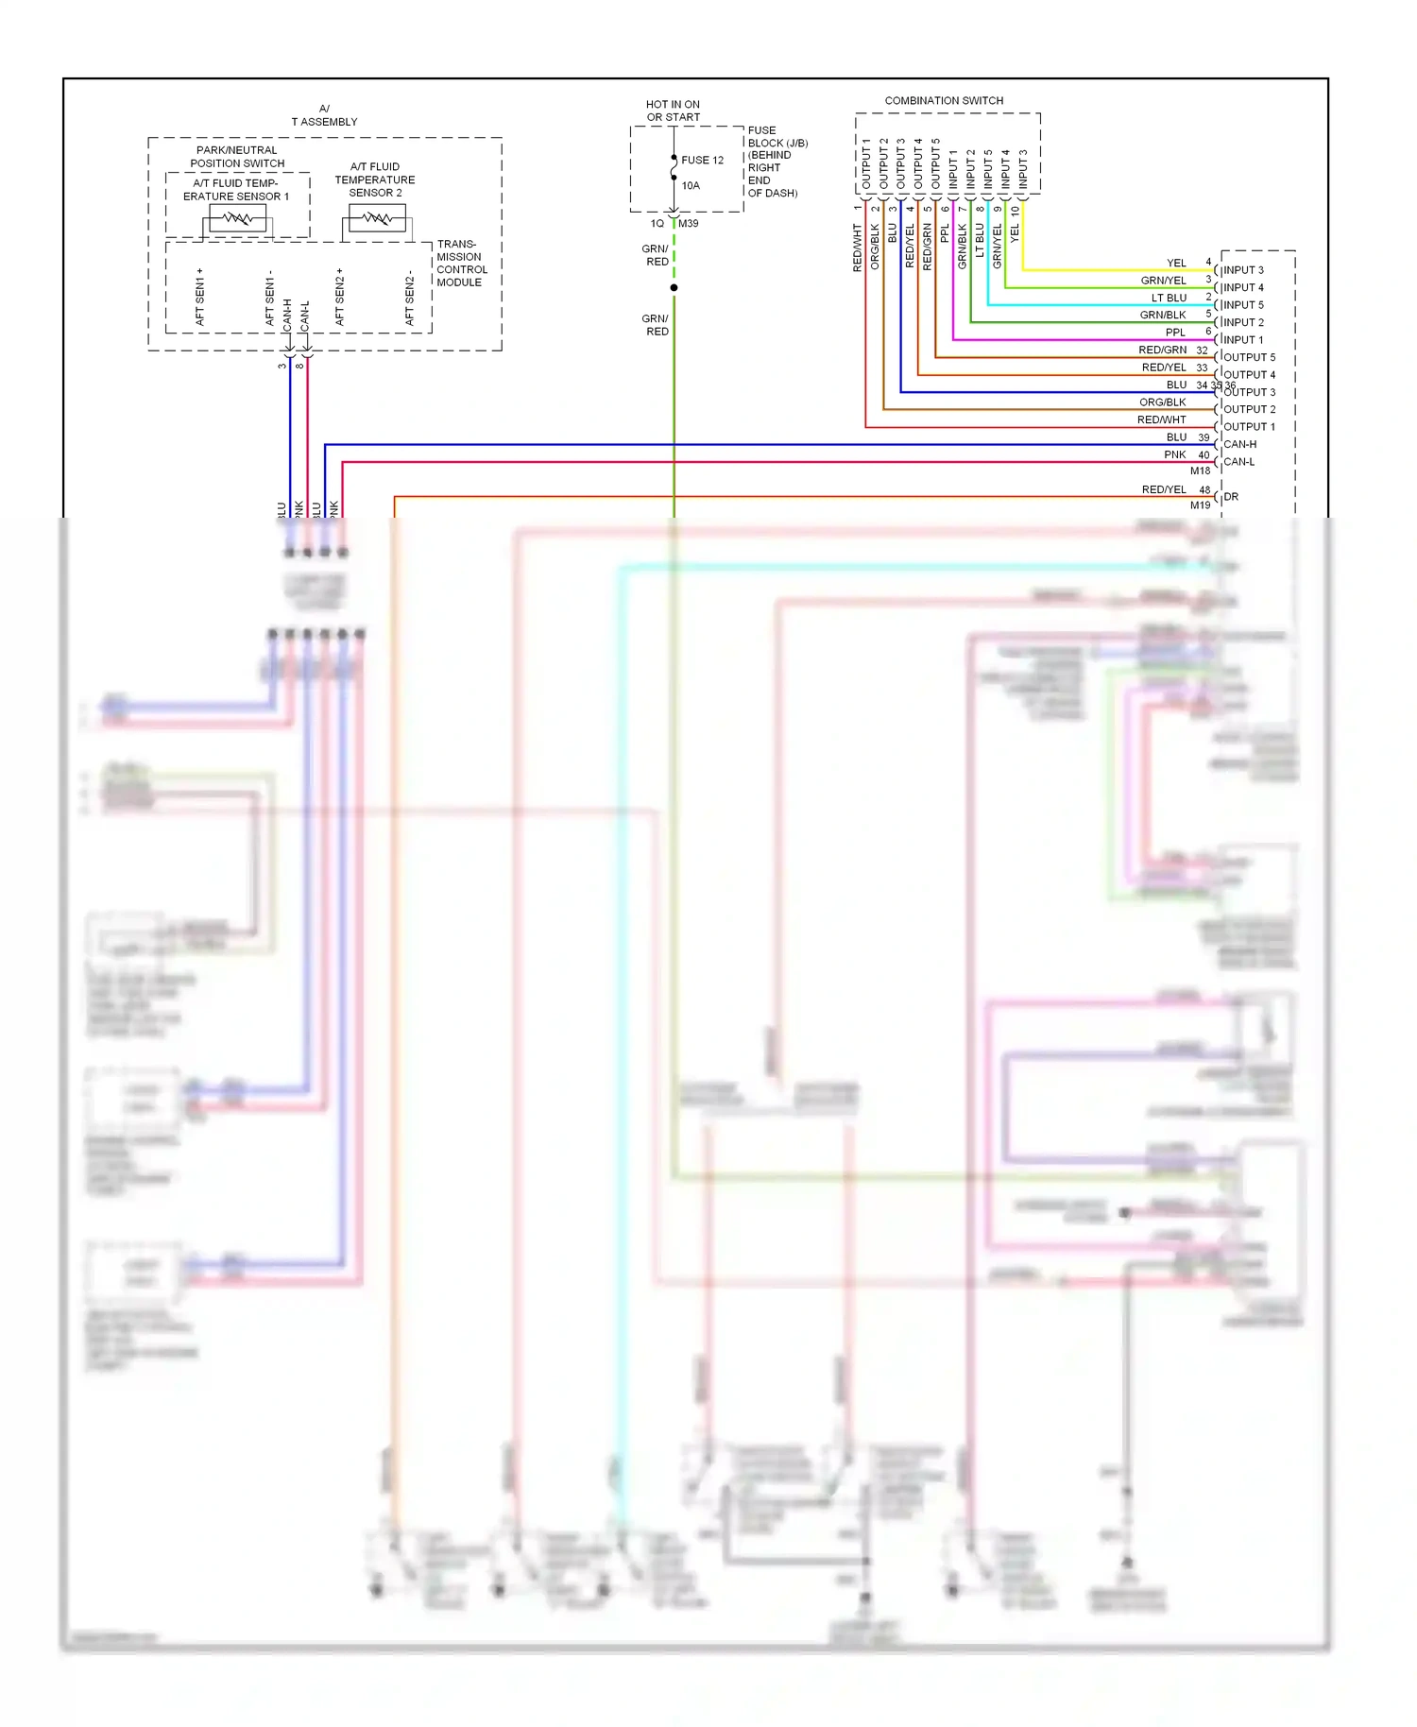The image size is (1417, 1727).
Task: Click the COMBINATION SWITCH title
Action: click(943, 100)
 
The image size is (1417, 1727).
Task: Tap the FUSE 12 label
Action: click(702, 160)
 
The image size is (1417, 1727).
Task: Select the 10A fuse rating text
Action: click(691, 185)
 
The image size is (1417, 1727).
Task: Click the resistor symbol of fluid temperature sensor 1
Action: click(237, 219)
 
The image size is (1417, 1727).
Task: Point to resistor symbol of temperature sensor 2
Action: click(377, 219)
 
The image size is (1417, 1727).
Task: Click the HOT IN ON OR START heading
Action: click(673, 111)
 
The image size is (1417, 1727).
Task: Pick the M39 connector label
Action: click(689, 224)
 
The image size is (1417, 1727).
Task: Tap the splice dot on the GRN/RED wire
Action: click(674, 287)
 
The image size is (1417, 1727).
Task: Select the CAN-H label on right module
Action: click(1239, 444)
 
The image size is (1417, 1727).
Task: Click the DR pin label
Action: click(1231, 496)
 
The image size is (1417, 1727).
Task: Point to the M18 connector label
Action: click(1200, 470)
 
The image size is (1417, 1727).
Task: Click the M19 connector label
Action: click(1200, 505)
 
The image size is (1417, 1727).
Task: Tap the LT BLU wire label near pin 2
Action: click(1169, 298)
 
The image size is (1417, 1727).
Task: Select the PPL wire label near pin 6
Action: click(1175, 333)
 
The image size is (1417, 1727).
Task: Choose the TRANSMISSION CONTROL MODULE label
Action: click(461, 263)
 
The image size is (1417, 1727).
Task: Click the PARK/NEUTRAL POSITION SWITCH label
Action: click(237, 157)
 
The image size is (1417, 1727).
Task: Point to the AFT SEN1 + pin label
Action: click(199, 297)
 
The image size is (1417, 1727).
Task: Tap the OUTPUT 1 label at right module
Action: click(1249, 427)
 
